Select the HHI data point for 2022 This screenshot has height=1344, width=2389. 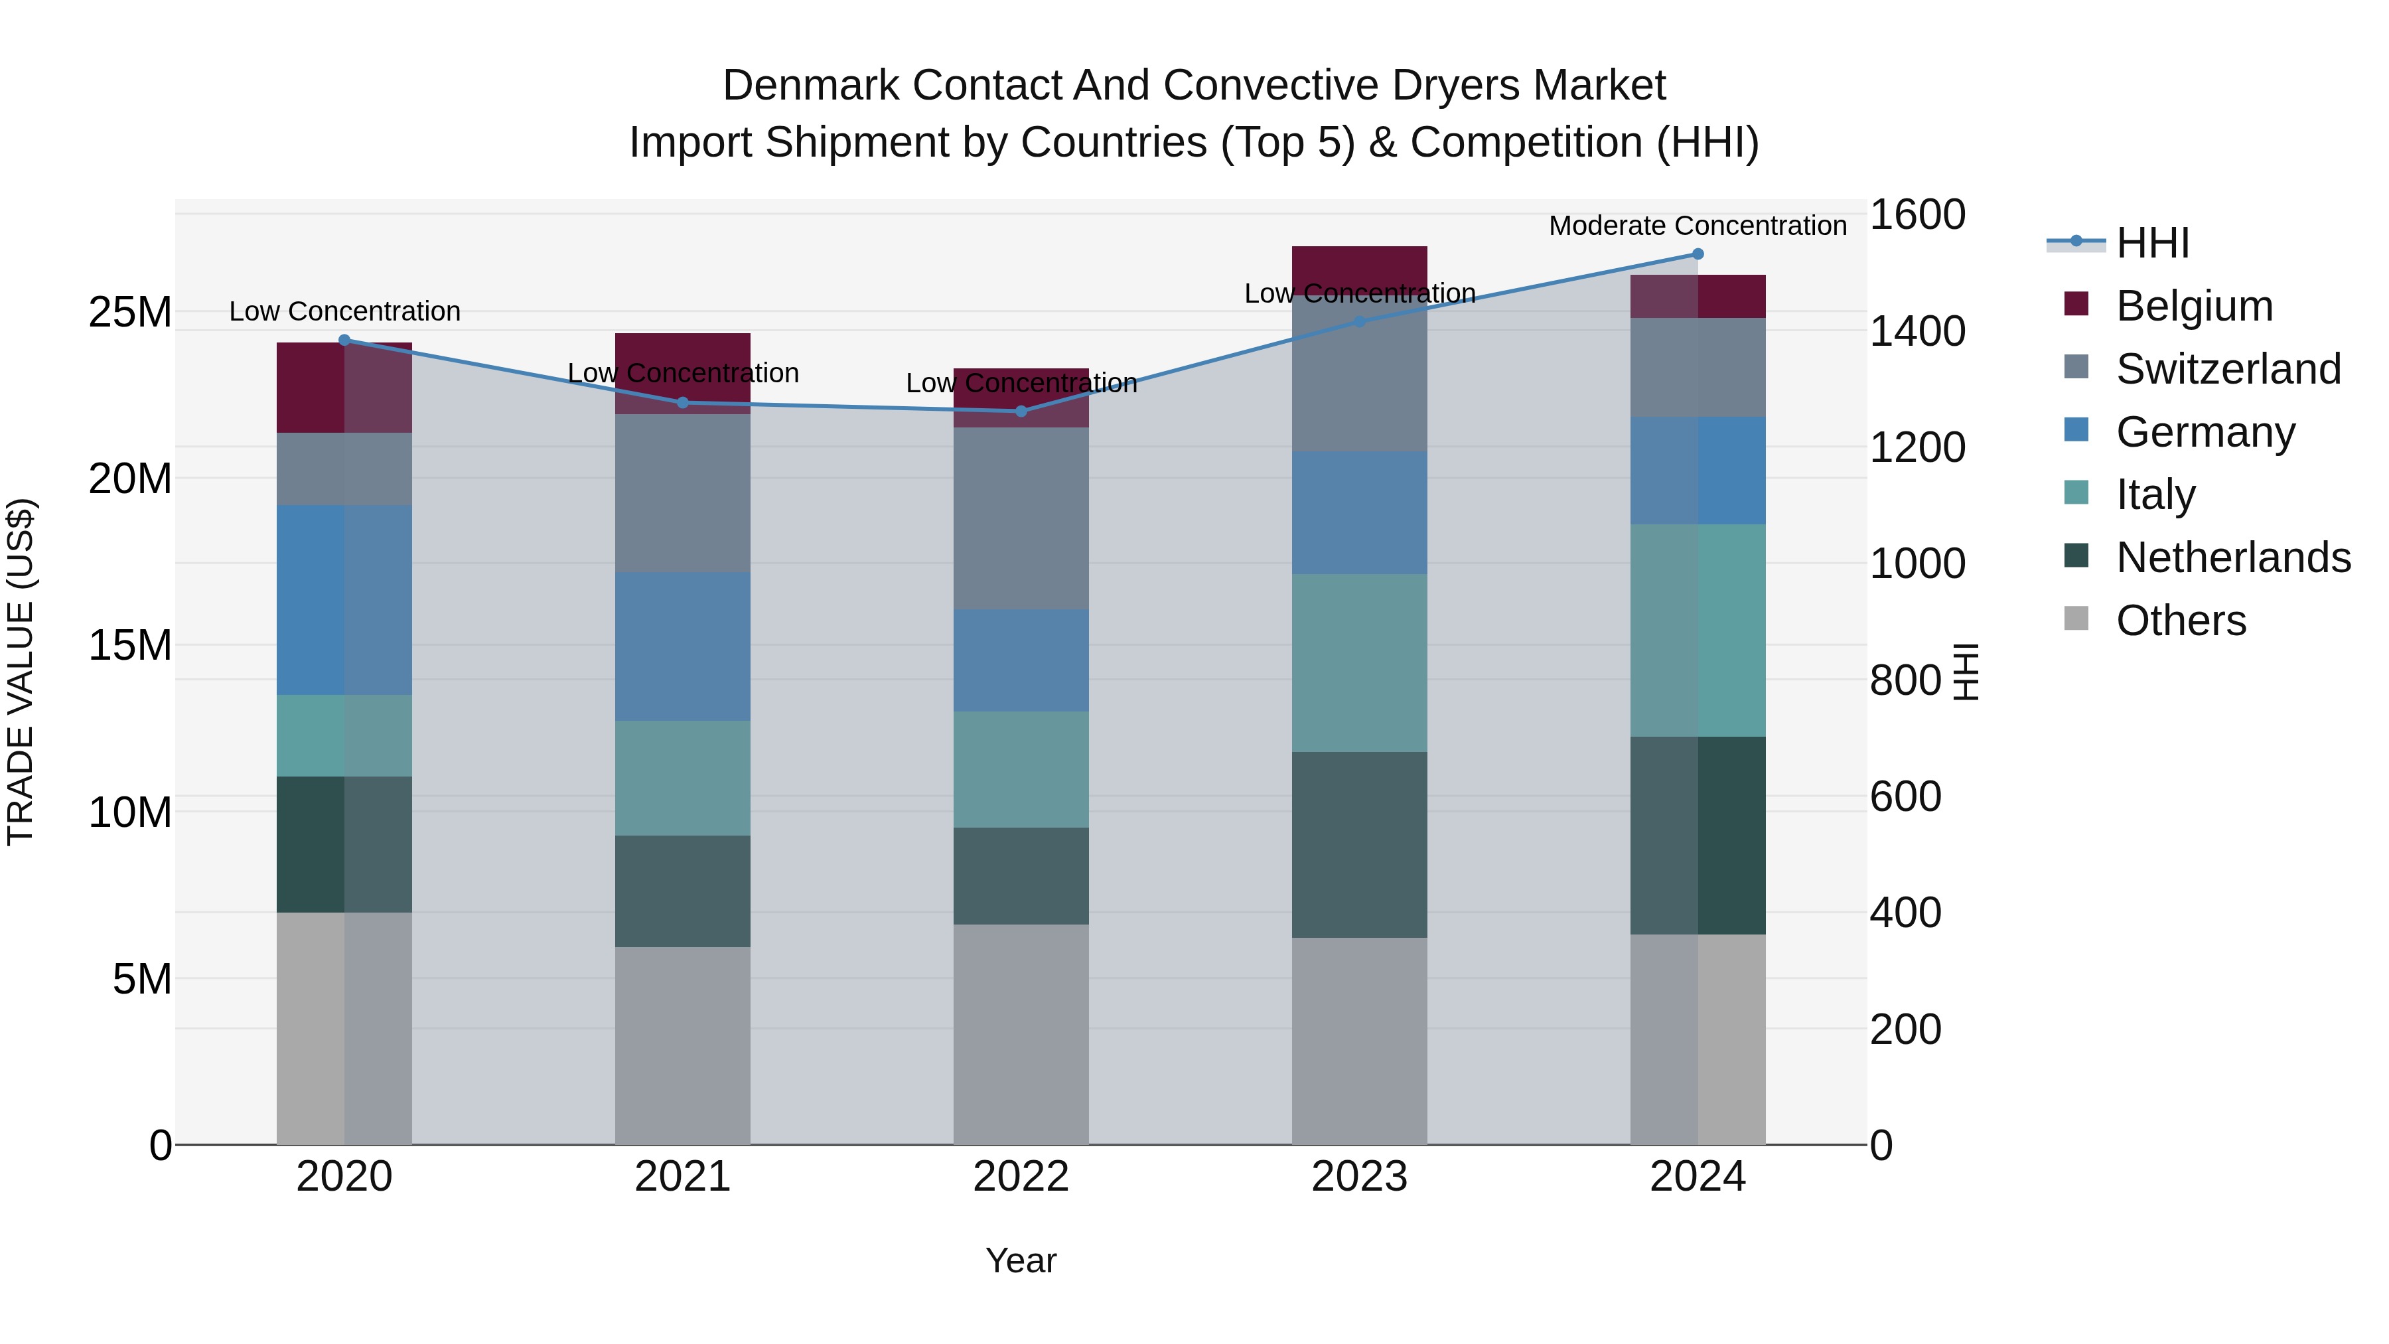[1021, 411]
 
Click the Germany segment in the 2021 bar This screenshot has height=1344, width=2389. [683, 646]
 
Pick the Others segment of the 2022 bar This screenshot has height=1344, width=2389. [1021, 1034]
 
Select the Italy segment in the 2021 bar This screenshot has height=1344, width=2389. [683, 779]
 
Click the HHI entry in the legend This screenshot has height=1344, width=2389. [2151, 243]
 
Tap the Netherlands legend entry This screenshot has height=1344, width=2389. [2232, 558]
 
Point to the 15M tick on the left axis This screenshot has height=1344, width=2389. [130, 644]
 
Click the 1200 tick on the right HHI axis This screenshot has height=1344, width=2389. [1916, 447]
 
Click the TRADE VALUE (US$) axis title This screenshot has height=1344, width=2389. [21, 672]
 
